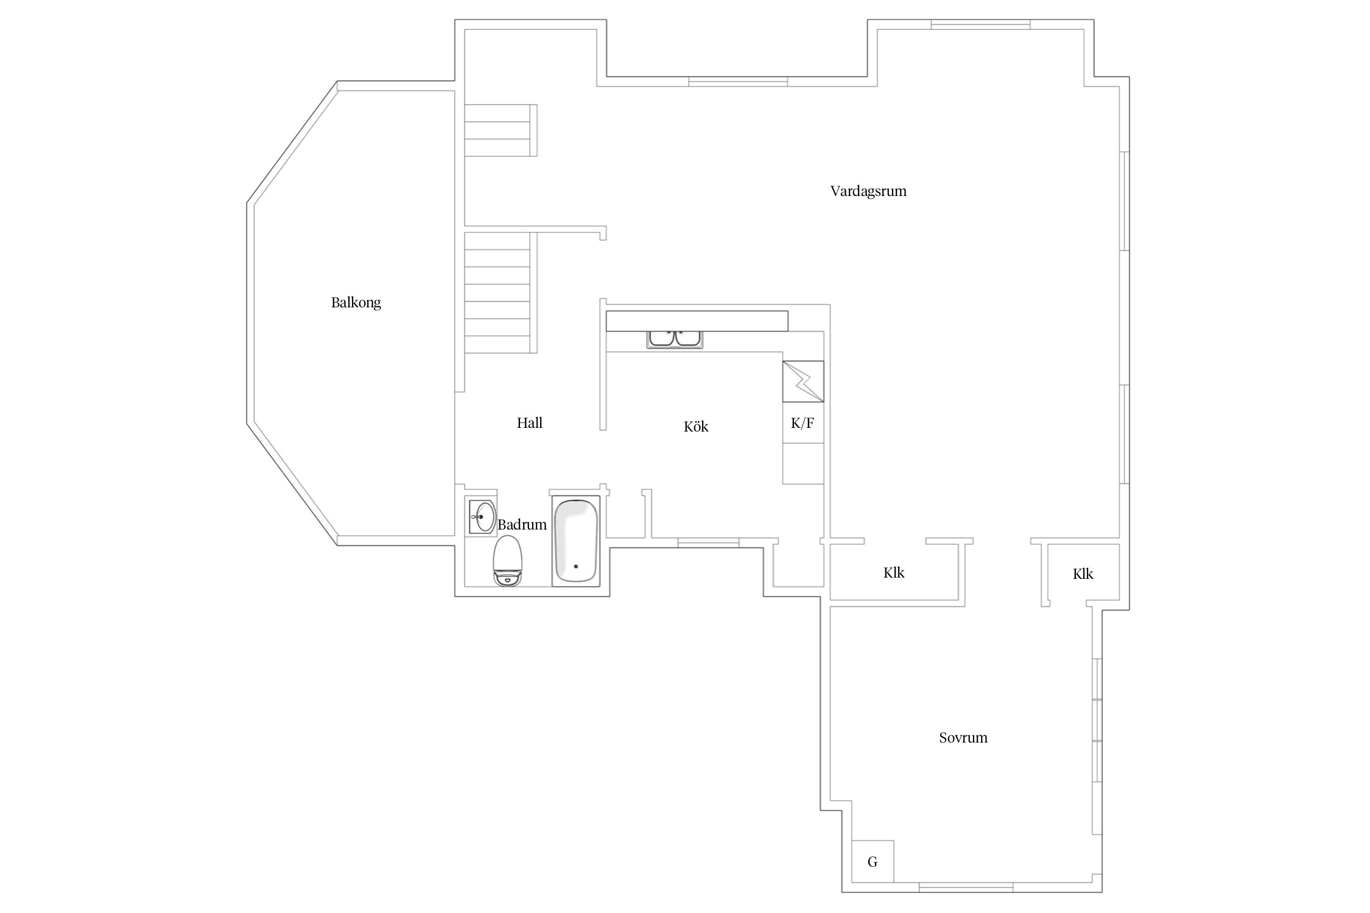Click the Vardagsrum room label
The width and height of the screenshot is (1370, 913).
coord(868,191)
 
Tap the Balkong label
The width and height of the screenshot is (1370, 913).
coord(356,303)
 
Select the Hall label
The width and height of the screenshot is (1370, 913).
coord(529,423)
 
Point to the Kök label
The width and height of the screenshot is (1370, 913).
coord(695,427)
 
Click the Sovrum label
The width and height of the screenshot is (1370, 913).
coord(963,738)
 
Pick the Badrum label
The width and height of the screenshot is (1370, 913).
coord(522,525)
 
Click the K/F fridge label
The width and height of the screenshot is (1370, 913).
coord(802,424)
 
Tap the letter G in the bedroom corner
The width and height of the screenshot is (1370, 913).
coord(872,862)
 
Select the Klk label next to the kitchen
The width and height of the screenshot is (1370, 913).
coord(893,573)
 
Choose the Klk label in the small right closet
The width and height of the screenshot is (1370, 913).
coord(1083,574)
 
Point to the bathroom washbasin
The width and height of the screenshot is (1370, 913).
coord(482,516)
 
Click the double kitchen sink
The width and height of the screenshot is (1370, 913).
coord(675,339)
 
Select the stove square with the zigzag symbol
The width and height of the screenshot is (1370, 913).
coord(803,382)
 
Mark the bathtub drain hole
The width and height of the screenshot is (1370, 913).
coord(575,566)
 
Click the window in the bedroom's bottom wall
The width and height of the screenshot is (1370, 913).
coord(966,887)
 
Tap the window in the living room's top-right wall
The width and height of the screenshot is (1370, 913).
coord(980,25)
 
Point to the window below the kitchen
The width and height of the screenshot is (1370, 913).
coord(708,542)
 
